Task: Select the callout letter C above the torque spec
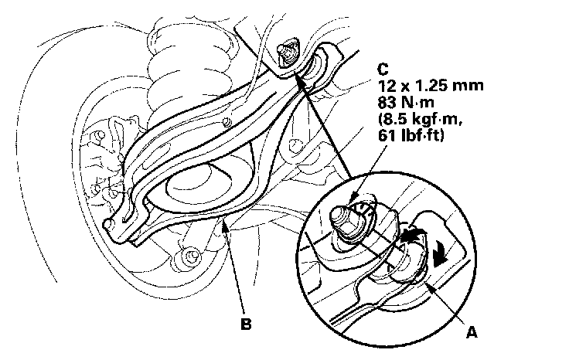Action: [383, 66]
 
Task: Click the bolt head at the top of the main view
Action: [285, 50]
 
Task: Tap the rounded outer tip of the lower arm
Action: [112, 224]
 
